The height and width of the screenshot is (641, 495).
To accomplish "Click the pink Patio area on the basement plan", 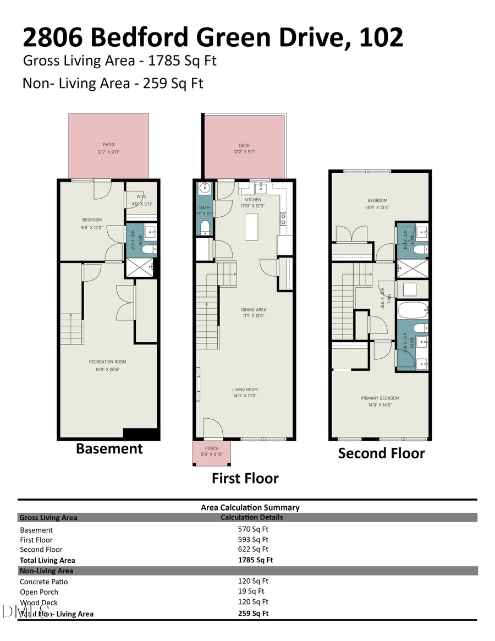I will pos(108,146).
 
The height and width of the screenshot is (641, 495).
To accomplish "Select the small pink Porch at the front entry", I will pos(212,454).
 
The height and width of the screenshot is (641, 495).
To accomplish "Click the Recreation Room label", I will pos(108,361).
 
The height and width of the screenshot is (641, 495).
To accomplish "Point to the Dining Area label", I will pos(253,309).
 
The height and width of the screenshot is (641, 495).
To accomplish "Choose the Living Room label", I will pos(245,390).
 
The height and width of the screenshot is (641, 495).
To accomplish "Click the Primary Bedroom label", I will pos(380,398).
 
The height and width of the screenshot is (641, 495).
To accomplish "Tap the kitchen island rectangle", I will pos(251,225).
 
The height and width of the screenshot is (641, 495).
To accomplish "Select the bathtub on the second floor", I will pos(413,310).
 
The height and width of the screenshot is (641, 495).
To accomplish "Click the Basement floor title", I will pos(109,448).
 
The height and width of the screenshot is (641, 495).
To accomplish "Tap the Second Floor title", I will pos(381,453).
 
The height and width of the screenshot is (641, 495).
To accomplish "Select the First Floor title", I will pos(245,478).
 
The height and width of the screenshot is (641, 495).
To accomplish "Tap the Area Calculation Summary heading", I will pos(250,507).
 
